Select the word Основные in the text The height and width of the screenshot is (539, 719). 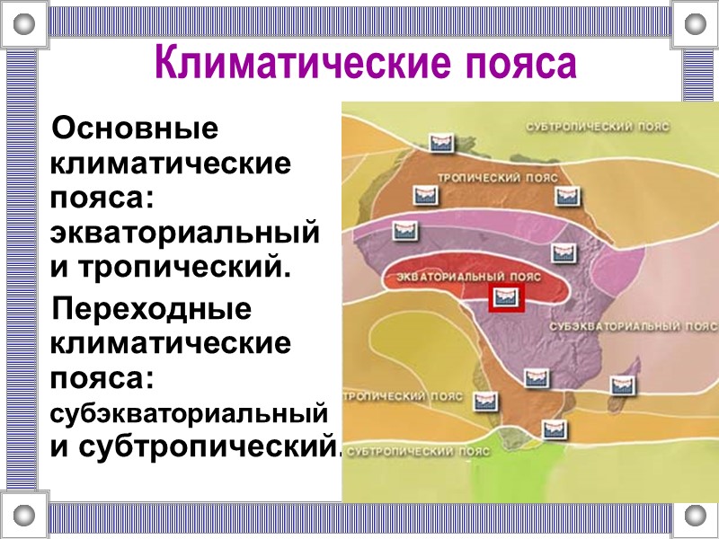pos(136,129)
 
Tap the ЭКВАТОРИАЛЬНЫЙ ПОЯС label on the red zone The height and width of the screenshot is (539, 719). pos(467,276)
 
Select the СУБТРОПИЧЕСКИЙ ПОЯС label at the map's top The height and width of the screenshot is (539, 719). pos(598,127)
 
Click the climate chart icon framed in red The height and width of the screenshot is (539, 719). pos(507,298)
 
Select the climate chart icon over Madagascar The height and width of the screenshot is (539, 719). pos(622,384)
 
